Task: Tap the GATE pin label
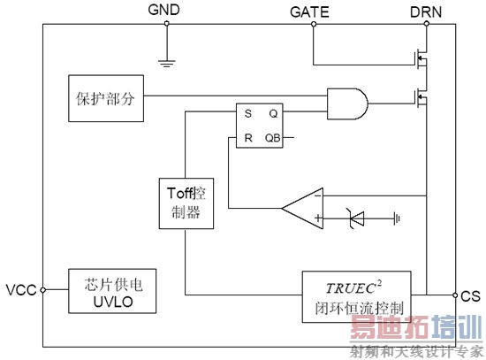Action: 311,11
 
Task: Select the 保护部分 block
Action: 104,94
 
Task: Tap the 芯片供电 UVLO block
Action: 108,291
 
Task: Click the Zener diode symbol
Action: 355,216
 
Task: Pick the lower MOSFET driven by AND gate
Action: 419,96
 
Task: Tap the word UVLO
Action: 108,302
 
